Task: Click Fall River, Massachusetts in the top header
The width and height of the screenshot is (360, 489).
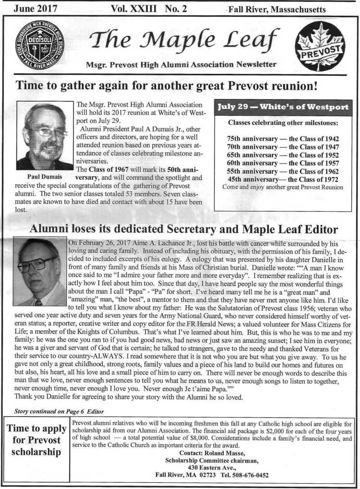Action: pyautogui.click(x=277, y=10)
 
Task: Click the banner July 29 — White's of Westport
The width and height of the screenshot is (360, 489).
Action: pyautogui.click(x=283, y=107)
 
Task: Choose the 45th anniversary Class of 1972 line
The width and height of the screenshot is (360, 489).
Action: pyautogui.click(x=283, y=179)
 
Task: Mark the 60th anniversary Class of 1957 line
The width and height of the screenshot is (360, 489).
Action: pyautogui.click(x=283, y=163)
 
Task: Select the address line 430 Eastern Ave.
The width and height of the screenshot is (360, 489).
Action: pyautogui.click(x=212, y=468)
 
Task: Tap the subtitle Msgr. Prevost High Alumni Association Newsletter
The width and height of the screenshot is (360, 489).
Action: pyautogui.click(x=180, y=64)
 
